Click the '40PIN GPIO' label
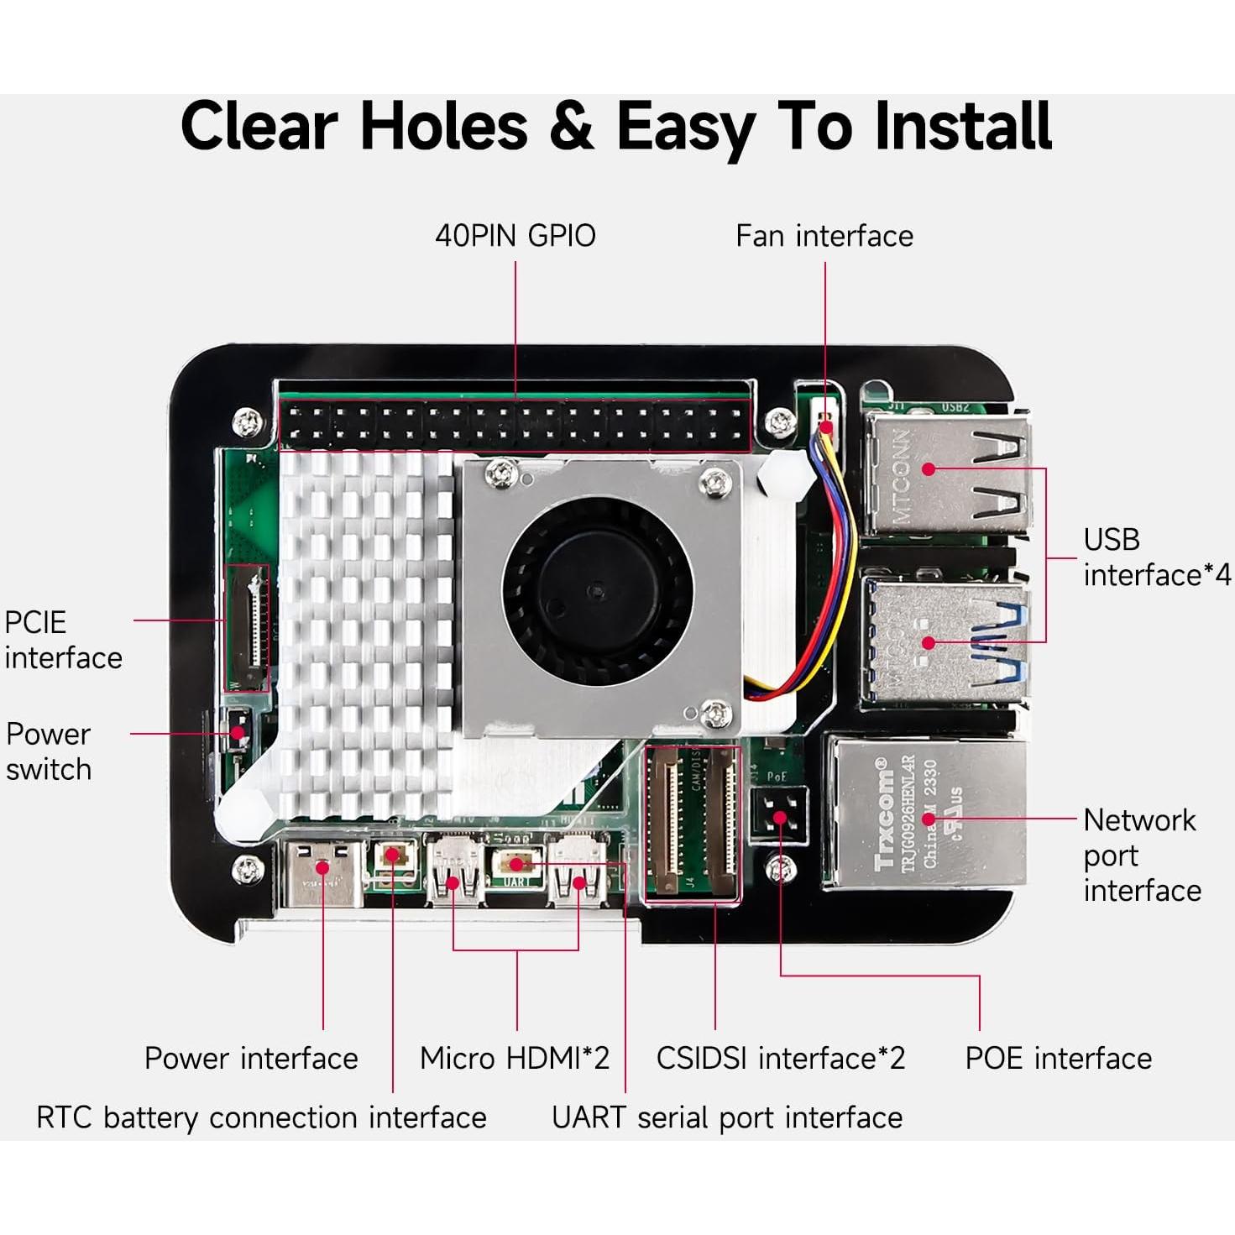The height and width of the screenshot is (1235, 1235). [x=515, y=236]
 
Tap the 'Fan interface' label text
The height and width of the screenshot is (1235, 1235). [x=824, y=236]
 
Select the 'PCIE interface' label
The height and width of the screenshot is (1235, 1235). [x=62, y=640]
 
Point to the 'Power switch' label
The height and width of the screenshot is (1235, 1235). [x=48, y=751]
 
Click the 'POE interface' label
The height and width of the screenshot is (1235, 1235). [x=1058, y=1058]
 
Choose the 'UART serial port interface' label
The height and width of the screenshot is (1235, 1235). [x=726, y=1117]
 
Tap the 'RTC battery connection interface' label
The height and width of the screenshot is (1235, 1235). [x=261, y=1117]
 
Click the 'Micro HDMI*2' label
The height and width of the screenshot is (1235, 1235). [x=514, y=1058]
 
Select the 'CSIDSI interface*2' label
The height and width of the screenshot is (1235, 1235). [x=780, y=1058]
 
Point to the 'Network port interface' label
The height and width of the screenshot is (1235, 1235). [x=1141, y=855]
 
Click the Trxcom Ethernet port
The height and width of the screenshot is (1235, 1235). [x=928, y=814]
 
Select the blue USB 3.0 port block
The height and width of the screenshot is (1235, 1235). [x=945, y=642]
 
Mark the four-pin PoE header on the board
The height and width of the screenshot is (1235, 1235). [x=780, y=815]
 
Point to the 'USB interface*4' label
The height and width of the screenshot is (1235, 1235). [x=1156, y=557]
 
